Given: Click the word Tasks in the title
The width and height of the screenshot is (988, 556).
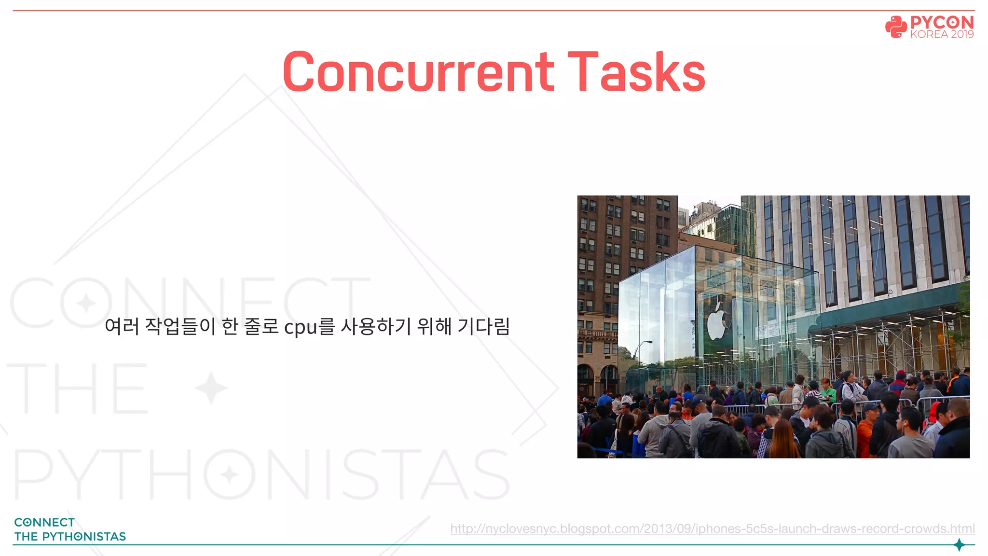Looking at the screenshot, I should pyautogui.click(x=637, y=72).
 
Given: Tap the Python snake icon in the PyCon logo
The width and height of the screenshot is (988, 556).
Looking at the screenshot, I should pyautogui.click(x=896, y=27).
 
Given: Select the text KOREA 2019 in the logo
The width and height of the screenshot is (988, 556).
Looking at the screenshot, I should pyautogui.click(x=942, y=34).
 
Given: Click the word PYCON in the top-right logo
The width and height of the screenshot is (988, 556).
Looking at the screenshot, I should pyautogui.click(x=942, y=22).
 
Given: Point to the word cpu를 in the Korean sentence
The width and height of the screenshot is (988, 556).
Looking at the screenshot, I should pyautogui.click(x=309, y=327).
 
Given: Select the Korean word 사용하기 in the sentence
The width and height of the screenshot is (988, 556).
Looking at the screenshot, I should pyautogui.click(x=376, y=327).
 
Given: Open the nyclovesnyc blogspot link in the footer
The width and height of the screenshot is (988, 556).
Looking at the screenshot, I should pyautogui.click(x=713, y=528).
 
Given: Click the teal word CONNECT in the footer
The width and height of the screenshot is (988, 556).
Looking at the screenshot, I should pyautogui.click(x=44, y=522).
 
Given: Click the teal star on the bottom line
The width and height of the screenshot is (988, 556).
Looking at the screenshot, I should pyautogui.click(x=959, y=545).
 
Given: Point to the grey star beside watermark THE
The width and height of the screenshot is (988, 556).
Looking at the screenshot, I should pyautogui.click(x=211, y=388).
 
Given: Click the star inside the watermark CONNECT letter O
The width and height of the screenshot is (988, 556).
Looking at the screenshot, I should pyautogui.click(x=87, y=303).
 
